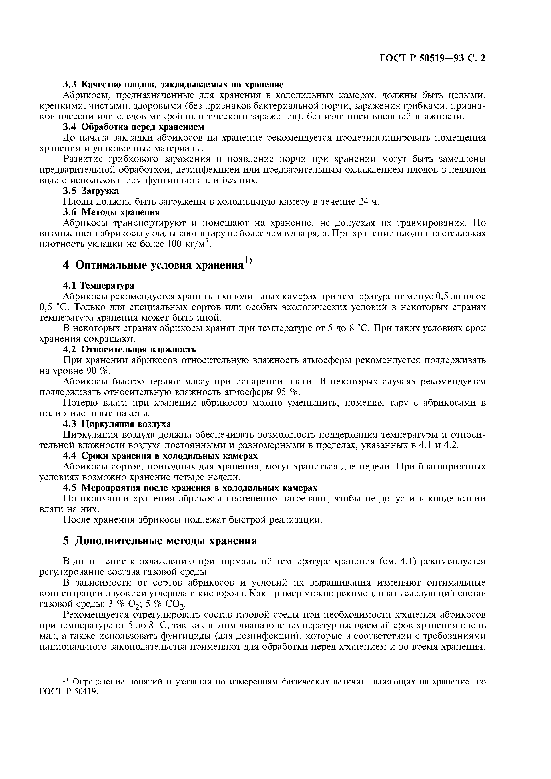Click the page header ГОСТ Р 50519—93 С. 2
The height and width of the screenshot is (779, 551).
pyautogui.click(x=432, y=59)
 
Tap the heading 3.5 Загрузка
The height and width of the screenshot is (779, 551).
pyautogui.click(x=91, y=191)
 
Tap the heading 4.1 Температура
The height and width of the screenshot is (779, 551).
pyautogui.click(x=99, y=286)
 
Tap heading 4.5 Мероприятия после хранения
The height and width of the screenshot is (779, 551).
pyautogui.click(x=190, y=488)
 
